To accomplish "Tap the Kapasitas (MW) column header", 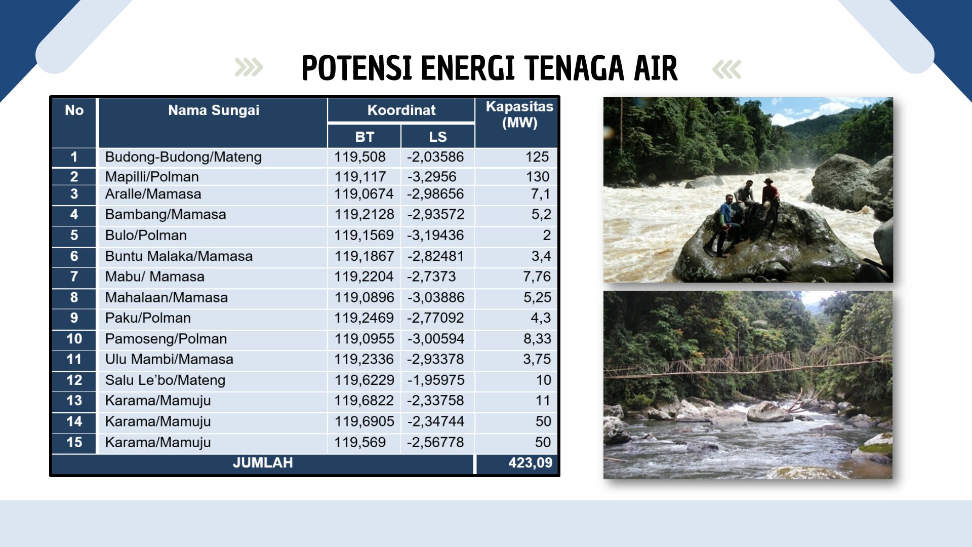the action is coord(519,114).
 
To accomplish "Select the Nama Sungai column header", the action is coord(214,110).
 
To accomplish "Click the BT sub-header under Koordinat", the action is coord(364,137).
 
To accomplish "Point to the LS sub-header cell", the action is coord(438,137).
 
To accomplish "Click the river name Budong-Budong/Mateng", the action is coord(183,157).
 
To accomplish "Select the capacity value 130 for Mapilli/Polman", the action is coord(538,177).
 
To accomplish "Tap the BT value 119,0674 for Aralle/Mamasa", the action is coord(364,194).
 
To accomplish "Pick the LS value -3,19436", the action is coord(436,236).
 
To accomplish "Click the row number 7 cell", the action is coord(74,277).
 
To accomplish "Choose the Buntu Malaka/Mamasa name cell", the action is coord(179,256).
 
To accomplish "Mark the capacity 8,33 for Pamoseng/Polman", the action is coord(537,339).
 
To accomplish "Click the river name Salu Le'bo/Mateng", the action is coord(165,380).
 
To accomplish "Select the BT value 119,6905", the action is coord(364,421).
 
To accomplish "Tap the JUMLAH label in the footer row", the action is coord(263,463).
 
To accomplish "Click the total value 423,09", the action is coord(531,463).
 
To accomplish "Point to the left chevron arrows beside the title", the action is coord(249,68).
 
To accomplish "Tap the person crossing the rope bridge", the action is coord(728,357).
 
